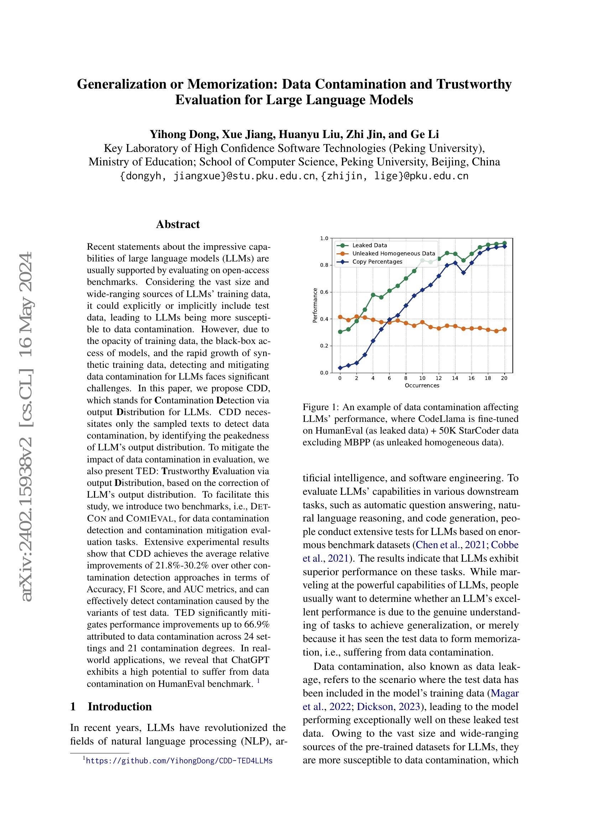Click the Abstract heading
(x=178, y=224)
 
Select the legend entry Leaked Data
(x=370, y=245)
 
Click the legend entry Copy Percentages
(x=377, y=262)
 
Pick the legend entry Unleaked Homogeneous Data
(x=393, y=254)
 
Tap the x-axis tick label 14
(x=455, y=378)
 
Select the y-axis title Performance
(x=315, y=305)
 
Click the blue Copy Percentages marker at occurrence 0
(x=340, y=368)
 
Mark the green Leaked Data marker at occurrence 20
(x=504, y=244)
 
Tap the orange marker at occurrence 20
(x=504, y=329)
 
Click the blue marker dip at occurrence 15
(x=463, y=273)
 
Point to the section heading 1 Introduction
(x=111, y=707)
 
